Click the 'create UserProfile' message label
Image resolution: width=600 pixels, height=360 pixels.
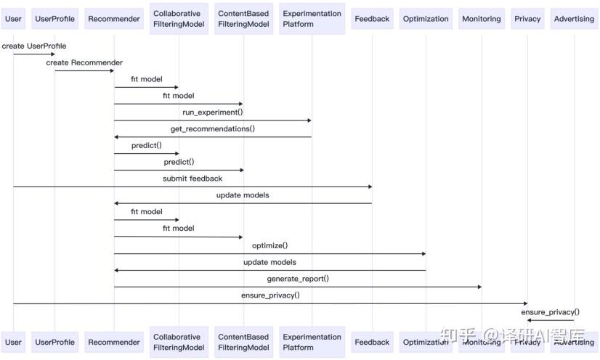tap(34, 46)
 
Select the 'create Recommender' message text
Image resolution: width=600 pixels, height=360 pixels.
tap(84, 62)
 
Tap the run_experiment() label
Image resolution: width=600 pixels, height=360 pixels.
tap(212, 112)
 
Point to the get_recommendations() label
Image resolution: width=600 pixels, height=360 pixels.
tap(212, 128)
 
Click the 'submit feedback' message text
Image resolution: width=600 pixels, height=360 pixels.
tap(192, 179)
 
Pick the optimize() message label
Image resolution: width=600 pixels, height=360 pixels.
tap(269, 245)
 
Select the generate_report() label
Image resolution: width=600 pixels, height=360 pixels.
tap(298, 279)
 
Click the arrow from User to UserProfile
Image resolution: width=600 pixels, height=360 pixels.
tap(34, 54)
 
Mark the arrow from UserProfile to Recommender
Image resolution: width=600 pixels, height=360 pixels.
tap(84, 70)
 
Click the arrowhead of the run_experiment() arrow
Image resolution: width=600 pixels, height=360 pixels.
tap(309, 120)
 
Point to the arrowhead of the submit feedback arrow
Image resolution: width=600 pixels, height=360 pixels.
tap(370, 187)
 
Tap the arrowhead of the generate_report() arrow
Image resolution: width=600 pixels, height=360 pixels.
tap(479, 287)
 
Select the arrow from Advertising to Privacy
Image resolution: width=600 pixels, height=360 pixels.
tap(551, 320)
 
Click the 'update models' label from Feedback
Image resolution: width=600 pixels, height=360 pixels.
tap(243, 195)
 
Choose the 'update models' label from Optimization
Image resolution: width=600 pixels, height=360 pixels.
tap(269, 262)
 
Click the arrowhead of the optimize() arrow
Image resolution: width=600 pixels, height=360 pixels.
tap(423, 254)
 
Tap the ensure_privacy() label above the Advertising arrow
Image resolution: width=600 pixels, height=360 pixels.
tap(551, 312)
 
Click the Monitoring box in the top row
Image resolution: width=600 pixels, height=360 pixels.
tap(482, 19)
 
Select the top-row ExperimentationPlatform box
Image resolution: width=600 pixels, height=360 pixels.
tap(312, 19)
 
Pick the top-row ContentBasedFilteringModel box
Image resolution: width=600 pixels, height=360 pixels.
tap(244, 19)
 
